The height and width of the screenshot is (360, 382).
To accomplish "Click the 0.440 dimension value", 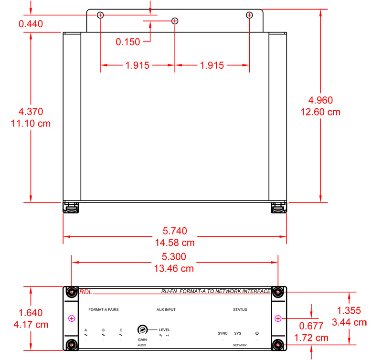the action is [x=31, y=24].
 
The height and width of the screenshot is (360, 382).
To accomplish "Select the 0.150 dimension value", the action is [x=128, y=42].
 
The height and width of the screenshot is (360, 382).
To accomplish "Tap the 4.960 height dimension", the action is [x=320, y=100].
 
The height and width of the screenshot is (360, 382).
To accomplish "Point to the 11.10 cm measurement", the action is [x=31, y=124].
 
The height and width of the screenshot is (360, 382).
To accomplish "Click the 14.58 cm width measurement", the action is [x=175, y=243].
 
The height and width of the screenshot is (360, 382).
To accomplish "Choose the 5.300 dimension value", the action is [x=174, y=257].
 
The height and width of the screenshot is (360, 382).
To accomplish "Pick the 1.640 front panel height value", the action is [x=31, y=313].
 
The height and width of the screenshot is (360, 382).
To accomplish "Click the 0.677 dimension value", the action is [x=311, y=326].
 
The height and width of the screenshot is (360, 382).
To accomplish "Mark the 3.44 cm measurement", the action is [x=349, y=322].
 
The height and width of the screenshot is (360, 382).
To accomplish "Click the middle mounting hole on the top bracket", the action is [x=175, y=21].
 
